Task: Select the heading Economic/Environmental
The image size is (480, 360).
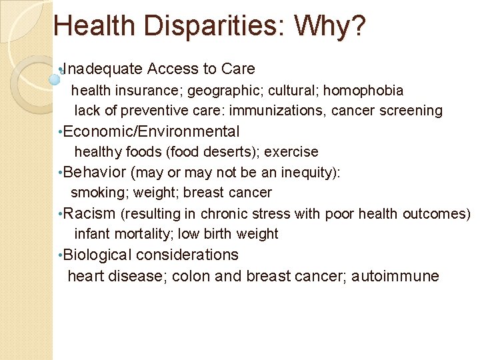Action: [152, 131]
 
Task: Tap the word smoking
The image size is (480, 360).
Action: [98, 193]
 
